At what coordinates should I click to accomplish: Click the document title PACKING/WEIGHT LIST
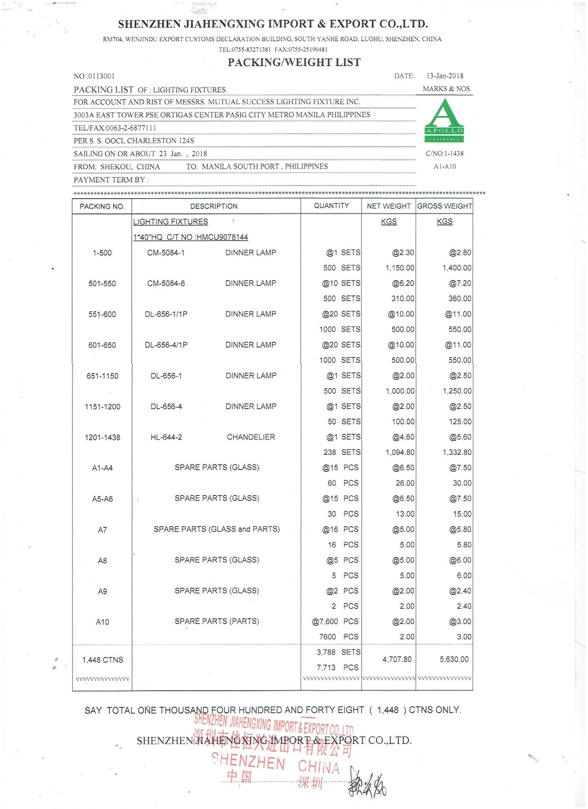tap(294, 62)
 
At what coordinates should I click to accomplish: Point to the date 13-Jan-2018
tap(445, 76)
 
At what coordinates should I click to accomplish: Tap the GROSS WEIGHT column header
tap(444, 206)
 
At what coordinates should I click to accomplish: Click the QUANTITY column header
tap(331, 206)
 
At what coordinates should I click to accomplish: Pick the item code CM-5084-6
tap(166, 283)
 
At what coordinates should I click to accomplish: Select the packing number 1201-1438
tap(102, 437)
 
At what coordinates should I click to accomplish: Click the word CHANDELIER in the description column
tap(251, 437)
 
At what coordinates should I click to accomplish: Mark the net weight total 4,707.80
tap(397, 659)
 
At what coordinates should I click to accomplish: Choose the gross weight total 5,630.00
tap(454, 659)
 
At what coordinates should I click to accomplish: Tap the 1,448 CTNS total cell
tap(102, 660)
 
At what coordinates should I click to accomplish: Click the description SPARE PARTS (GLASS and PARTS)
tap(216, 529)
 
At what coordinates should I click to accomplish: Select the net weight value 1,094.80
tap(400, 452)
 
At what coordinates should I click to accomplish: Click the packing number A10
tap(102, 622)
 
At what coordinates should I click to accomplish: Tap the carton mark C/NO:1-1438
tap(444, 153)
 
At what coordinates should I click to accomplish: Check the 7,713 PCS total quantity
tap(337, 667)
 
